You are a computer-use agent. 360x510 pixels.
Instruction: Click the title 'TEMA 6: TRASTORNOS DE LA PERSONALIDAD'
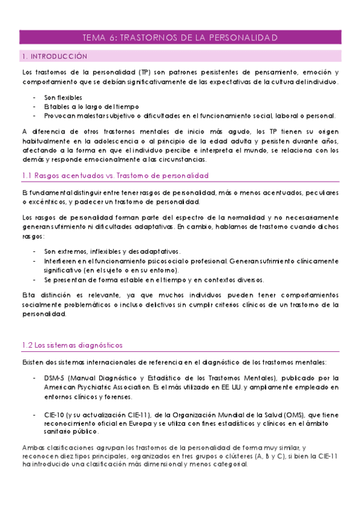pyautogui.click(x=180, y=38)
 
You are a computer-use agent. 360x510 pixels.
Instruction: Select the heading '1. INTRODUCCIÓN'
pyautogui.click(x=54, y=57)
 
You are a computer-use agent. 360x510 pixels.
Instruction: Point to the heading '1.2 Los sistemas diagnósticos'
pyautogui.click(x=72, y=345)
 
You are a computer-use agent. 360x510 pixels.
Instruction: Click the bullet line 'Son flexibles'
pyautogui.click(x=63, y=97)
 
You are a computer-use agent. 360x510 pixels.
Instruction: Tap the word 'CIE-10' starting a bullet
pyautogui.click(x=55, y=415)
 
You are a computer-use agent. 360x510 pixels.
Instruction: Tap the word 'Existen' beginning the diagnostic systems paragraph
pyautogui.click(x=34, y=362)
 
